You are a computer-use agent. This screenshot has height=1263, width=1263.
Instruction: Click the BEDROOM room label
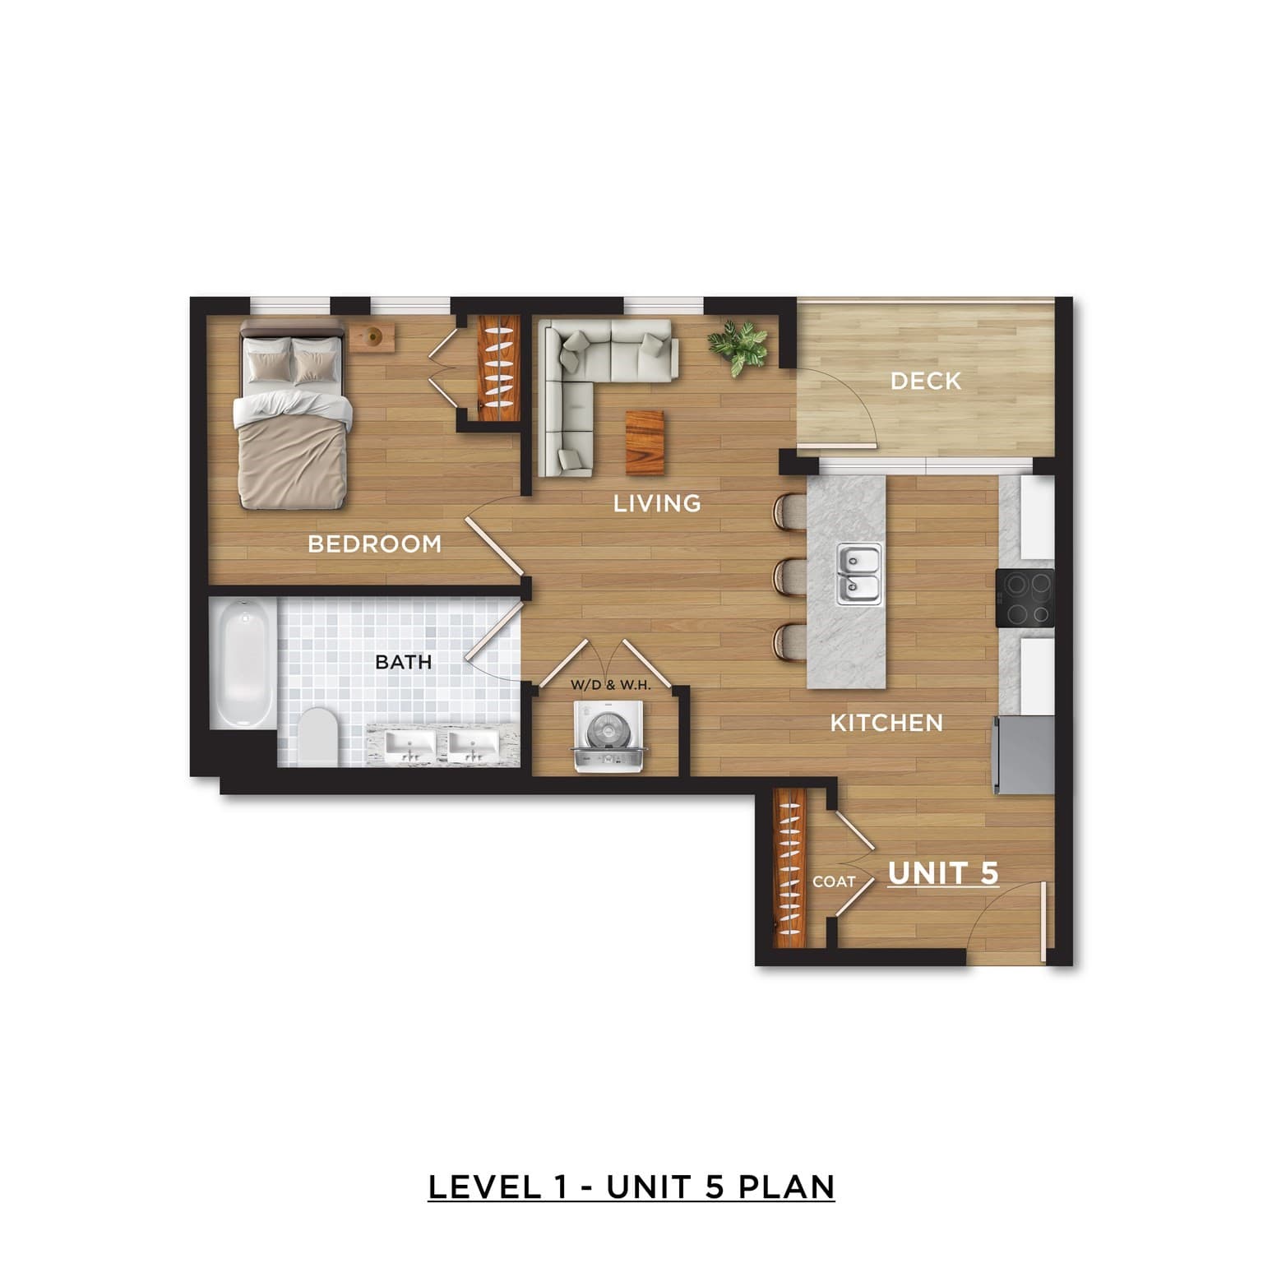tap(374, 544)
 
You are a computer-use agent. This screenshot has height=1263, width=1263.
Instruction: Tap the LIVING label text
tap(657, 502)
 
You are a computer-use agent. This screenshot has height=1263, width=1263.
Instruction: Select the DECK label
tap(926, 381)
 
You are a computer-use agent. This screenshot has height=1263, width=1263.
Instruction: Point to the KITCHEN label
tap(886, 723)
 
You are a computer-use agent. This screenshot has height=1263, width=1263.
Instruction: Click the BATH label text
tap(403, 662)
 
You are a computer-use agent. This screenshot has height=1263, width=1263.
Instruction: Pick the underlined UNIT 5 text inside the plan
tap(943, 874)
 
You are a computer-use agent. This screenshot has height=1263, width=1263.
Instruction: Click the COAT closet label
tap(834, 881)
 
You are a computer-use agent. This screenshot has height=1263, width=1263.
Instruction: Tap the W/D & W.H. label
tap(610, 683)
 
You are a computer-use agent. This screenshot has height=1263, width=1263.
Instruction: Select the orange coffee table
tap(645, 442)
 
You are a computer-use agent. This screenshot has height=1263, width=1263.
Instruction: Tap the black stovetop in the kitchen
tap(1025, 598)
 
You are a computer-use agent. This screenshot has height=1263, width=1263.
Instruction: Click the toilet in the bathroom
tap(317, 737)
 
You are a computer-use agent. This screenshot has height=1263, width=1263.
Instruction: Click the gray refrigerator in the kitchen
tap(1025, 755)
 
